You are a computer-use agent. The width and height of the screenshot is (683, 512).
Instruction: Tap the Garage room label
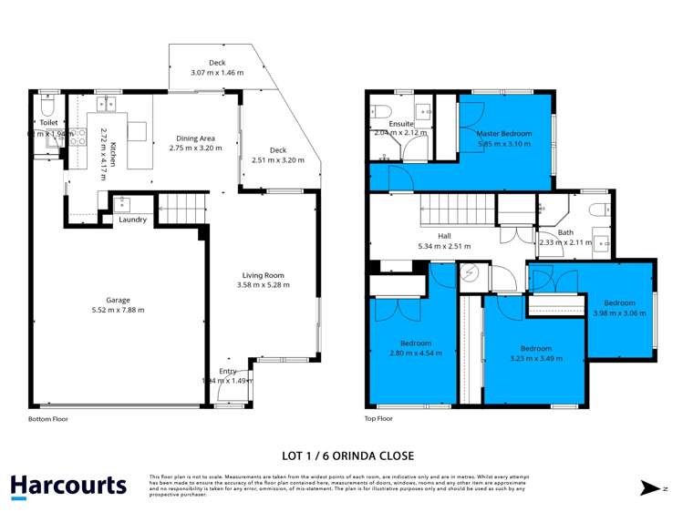pos(117,300)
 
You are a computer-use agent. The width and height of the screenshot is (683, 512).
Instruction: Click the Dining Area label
pos(199,138)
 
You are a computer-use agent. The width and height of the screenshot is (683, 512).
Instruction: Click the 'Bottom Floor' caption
pos(47,419)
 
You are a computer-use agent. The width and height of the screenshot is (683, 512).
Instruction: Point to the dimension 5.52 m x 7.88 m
pos(117,311)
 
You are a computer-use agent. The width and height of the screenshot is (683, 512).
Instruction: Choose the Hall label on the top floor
pos(444,236)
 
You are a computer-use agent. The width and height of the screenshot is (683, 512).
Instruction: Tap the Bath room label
pos(565,232)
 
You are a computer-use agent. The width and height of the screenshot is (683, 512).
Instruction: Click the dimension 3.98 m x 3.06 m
pos(619,312)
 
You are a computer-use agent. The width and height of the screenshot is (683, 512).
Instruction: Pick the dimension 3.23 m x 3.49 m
pos(536,358)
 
